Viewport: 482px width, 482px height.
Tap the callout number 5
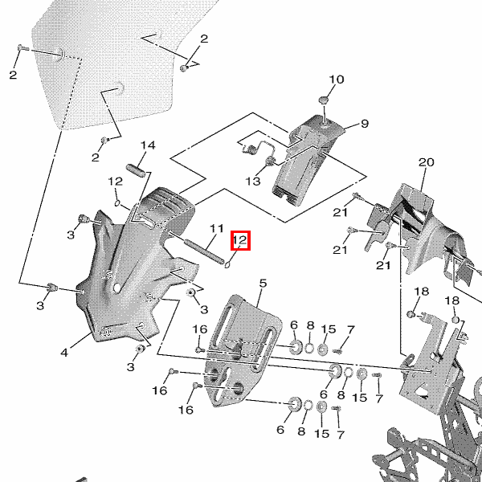click(x=262, y=283)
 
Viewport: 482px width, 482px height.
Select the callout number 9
click(x=364, y=124)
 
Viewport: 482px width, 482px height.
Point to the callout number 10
click(x=336, y=80)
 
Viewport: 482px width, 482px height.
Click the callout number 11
click(x=215, y=228)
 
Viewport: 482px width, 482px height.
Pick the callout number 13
click(x=253, y=182)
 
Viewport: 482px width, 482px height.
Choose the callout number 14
click(x=147, y=145)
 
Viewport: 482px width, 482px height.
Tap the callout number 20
click(x=426, y=162)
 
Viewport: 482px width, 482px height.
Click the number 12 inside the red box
click(x=240, y=239)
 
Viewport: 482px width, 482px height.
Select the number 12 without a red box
click(x=115, y=182)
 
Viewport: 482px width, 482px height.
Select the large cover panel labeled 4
click(x=133, y=273)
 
